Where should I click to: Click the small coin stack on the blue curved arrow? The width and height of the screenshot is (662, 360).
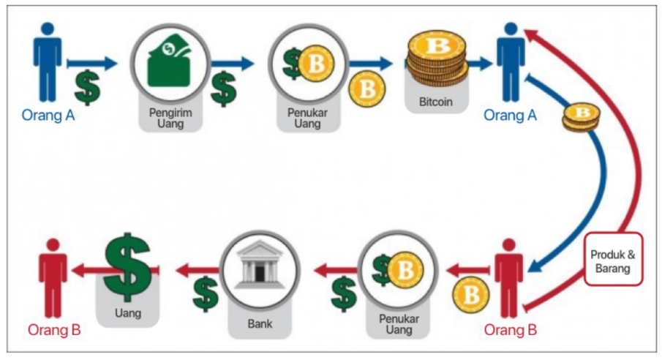coord(582,118)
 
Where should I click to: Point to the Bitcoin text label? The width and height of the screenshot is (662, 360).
coord(436,102)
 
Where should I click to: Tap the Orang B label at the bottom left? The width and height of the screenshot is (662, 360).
coord(54,330)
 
